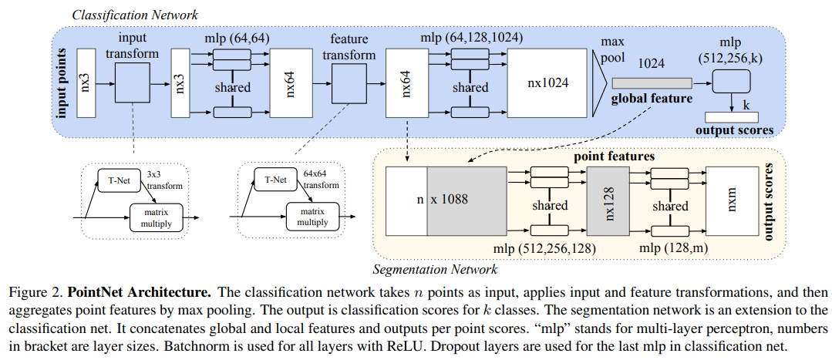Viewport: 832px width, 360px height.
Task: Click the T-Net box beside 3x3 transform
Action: coord(114,181)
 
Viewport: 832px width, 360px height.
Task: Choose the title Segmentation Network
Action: coord(435,270)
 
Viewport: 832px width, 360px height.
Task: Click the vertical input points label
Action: coord(62,82)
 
